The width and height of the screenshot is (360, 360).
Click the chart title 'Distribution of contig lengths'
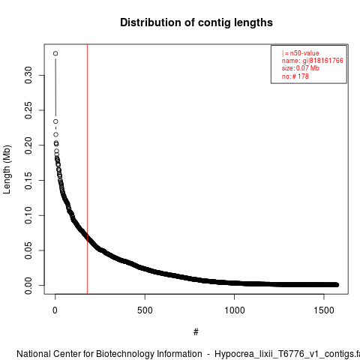(196, 22)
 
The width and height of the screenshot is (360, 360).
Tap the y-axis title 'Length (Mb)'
(7, 169)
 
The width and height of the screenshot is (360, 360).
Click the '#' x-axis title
(196, 332)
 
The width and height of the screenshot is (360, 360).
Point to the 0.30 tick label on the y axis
(28, 75)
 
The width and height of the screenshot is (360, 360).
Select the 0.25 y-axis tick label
(28, 110)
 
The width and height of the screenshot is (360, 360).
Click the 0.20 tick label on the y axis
(28, 145)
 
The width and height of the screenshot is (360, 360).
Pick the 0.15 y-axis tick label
(28, 180)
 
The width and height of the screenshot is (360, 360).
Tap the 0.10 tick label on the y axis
(28, 215)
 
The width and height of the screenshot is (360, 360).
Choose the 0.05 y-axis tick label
(28, 250)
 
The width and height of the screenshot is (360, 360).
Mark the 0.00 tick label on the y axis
(28, 285)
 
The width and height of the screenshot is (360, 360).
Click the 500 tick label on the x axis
(145, 310)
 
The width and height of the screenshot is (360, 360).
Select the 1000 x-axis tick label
(235, 310)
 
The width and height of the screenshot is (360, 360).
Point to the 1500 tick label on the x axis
(324, 310)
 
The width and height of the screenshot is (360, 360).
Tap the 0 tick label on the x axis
(55, 310)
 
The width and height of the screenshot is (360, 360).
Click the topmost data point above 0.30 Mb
(55, 53)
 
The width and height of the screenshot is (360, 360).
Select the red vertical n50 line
(87, 169)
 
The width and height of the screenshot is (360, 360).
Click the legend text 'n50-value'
(304, 53)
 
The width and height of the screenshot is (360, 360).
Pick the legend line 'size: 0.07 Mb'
(301, 68)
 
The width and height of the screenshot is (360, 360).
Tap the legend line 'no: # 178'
(295, 76)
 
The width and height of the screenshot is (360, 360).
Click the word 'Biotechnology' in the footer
(149, 354)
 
